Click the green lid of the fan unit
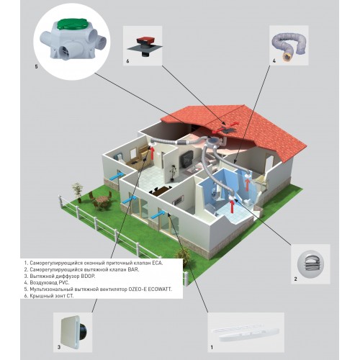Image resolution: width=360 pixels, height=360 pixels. (x=72, y=24)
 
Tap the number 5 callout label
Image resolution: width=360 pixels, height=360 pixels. (x=36, y=66)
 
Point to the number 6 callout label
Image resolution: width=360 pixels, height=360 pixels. (x=127, y=61)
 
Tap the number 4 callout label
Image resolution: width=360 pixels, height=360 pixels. (x=274, y=61)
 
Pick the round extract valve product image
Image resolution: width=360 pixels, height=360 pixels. (x=310, y=264)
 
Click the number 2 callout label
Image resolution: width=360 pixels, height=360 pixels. (x=295, y=279)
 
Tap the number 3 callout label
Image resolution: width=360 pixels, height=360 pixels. (x=59, y=347)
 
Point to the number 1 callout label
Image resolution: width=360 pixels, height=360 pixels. (x=212, y=347)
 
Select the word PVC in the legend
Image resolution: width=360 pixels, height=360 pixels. (x=64, y=283)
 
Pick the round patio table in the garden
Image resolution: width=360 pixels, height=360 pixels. (x=103, y=199)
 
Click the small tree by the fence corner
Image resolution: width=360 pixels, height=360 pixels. (x=78, y=192)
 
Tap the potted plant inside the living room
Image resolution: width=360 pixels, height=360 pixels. (x=173, y=172)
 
